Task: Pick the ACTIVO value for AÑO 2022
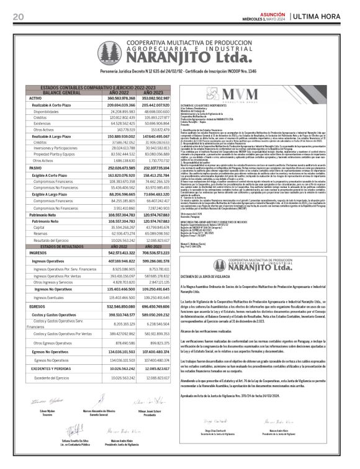pos(120,98)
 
